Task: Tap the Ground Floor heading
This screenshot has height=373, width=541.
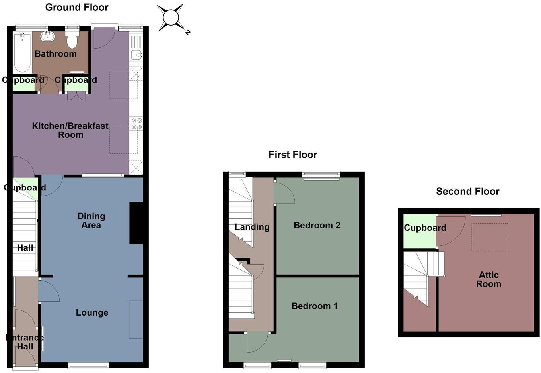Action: point(77,7)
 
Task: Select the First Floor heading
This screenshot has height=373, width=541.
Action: point(293,155)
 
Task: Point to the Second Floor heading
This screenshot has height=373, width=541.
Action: point(467,192)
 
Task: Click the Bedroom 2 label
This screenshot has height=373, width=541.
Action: point(317,225)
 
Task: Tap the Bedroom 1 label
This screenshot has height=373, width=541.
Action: point(314,306)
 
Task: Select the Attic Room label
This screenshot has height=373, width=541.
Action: point(488,279)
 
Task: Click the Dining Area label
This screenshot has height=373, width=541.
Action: point(91,220)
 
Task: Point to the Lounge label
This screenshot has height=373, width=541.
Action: point(92,313)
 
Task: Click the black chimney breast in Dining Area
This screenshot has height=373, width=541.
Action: point(136,223)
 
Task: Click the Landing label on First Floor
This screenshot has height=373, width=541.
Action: point(252,227)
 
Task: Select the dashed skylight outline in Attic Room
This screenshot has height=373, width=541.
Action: point(490,237)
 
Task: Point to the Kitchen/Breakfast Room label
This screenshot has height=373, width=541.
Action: point(70,130)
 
